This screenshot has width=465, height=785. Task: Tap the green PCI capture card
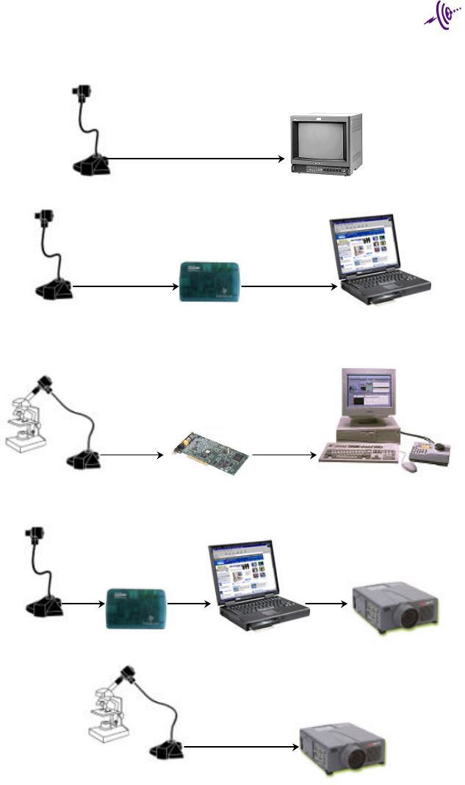[x=212, y=447]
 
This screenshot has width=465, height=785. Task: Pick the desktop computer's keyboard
[x=358, y=449]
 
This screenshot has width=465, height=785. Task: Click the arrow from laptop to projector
[x=325, y=604]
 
